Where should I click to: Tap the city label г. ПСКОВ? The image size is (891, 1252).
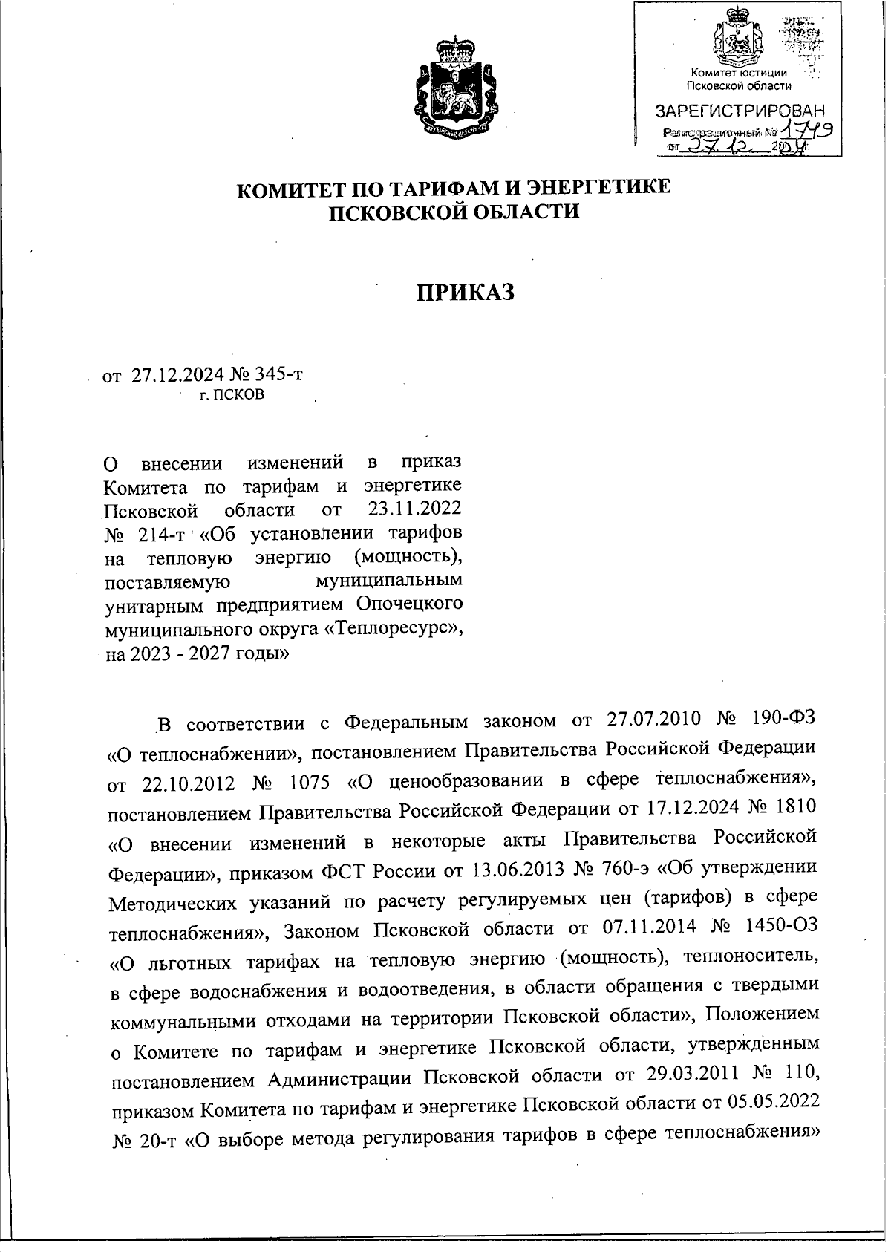coord(232,394)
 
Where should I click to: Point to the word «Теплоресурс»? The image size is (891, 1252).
coord(400,628)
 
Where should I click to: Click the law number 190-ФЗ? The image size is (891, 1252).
coord(784,719)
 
